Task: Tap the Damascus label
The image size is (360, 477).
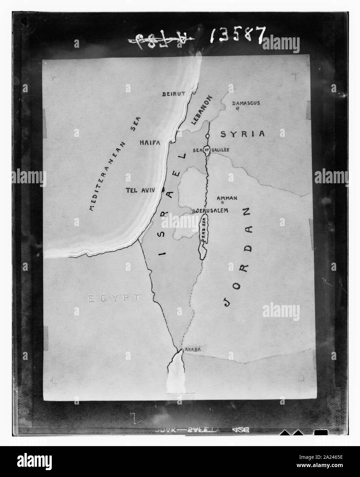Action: click(x=246, y=103)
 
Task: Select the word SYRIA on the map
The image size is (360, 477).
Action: click(x=243, y=134)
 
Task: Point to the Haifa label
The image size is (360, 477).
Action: click(x=150, y=142)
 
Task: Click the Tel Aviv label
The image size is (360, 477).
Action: click(x=143, y=190)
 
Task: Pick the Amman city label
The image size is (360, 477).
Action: click(x=227, y=198)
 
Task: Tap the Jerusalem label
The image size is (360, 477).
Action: click(x=212, y=210)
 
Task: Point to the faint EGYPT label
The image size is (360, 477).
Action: click(x=114, y=299)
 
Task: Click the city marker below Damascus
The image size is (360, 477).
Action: click(x=237, y=109)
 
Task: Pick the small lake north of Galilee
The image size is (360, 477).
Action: click(x=207, y=136)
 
